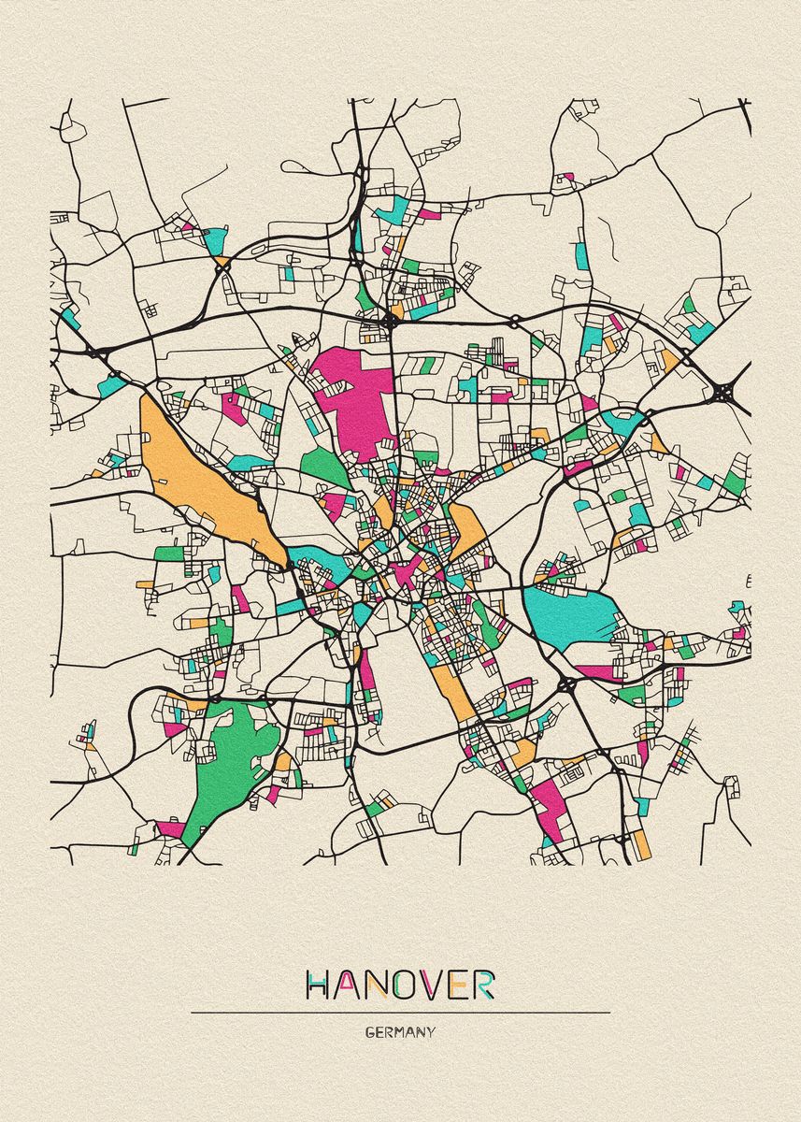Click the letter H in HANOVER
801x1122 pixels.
(320, 985)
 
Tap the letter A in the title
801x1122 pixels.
(347, 985)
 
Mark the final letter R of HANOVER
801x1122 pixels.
(484, 985)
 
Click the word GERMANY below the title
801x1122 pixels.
(400, 1032)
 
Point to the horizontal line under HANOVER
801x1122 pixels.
(400, 1012)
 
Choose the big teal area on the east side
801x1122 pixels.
(570, 612)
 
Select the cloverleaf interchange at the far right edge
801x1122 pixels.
(724, 394)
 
